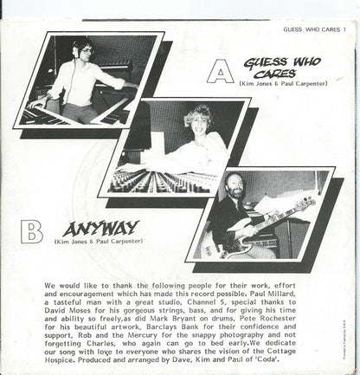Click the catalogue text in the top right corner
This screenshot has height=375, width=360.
tap(319, 6)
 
